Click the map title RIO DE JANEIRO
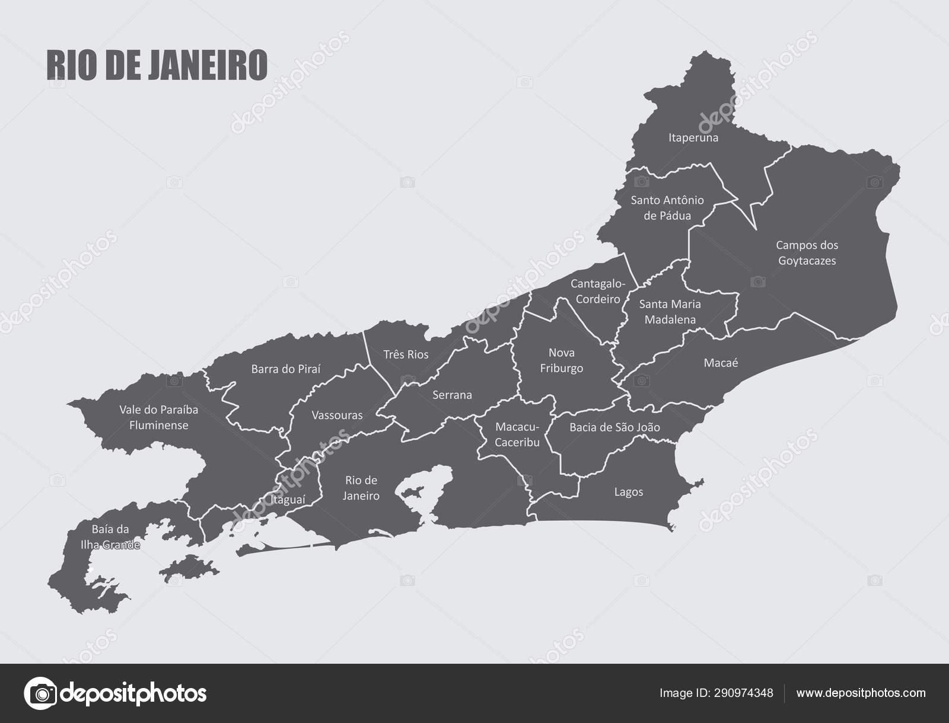click(x=157, y=65)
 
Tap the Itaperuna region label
click(x=693, y=137)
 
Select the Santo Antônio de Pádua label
click(x=667, y=207)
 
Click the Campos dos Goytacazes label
click(x=807, y=252)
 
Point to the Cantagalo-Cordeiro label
click(x=598, y=291)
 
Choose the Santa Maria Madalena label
click(x=670, y=312)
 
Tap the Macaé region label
click(x=721, y=363)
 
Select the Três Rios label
click(x=406, y=354)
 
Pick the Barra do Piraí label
click(x=285, y=369)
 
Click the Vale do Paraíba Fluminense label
click(x=158, y=417)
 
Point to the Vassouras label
click(x=337, y=415)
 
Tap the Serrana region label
click(x=452, y=395)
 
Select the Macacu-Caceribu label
click(x=517, y=434)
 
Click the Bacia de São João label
click(x=614, y=427)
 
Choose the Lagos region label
click(x=629, y=492)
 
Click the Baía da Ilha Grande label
click(x=110, y=537)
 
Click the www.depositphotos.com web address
click(x=861, y=692)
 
